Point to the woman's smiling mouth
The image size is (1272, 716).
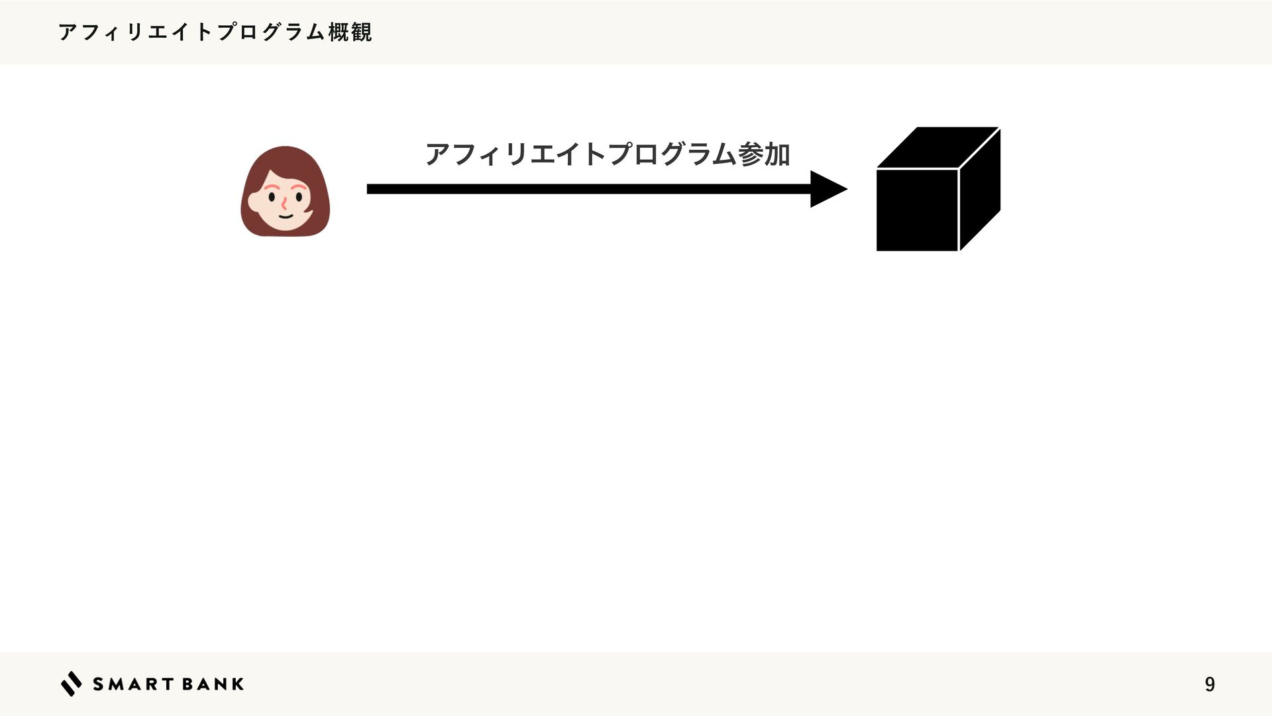pyautogui.click(x=285, y=215)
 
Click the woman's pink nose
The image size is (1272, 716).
pyautogui.click(x=284, y=204)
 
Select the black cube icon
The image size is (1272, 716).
pyautogui.click(x=937, y=190)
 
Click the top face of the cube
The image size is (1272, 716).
pyautogui.click(x=937, y=147)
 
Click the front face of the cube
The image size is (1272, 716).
pyautogui.click(x=917, y=209)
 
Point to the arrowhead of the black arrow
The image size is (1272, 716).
pyautogui.click(x=827, y=189)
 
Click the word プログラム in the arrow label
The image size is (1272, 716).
pyautogui.click(x=670, y=154)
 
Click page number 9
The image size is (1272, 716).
pyautogui.click(x=1210, y=684)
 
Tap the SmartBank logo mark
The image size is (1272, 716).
pyautogui.click(x=72, y=684)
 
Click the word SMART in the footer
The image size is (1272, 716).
pyautogui.click(x=133, y=684)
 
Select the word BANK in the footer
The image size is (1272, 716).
pyautogui.click(x=213, y=684)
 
